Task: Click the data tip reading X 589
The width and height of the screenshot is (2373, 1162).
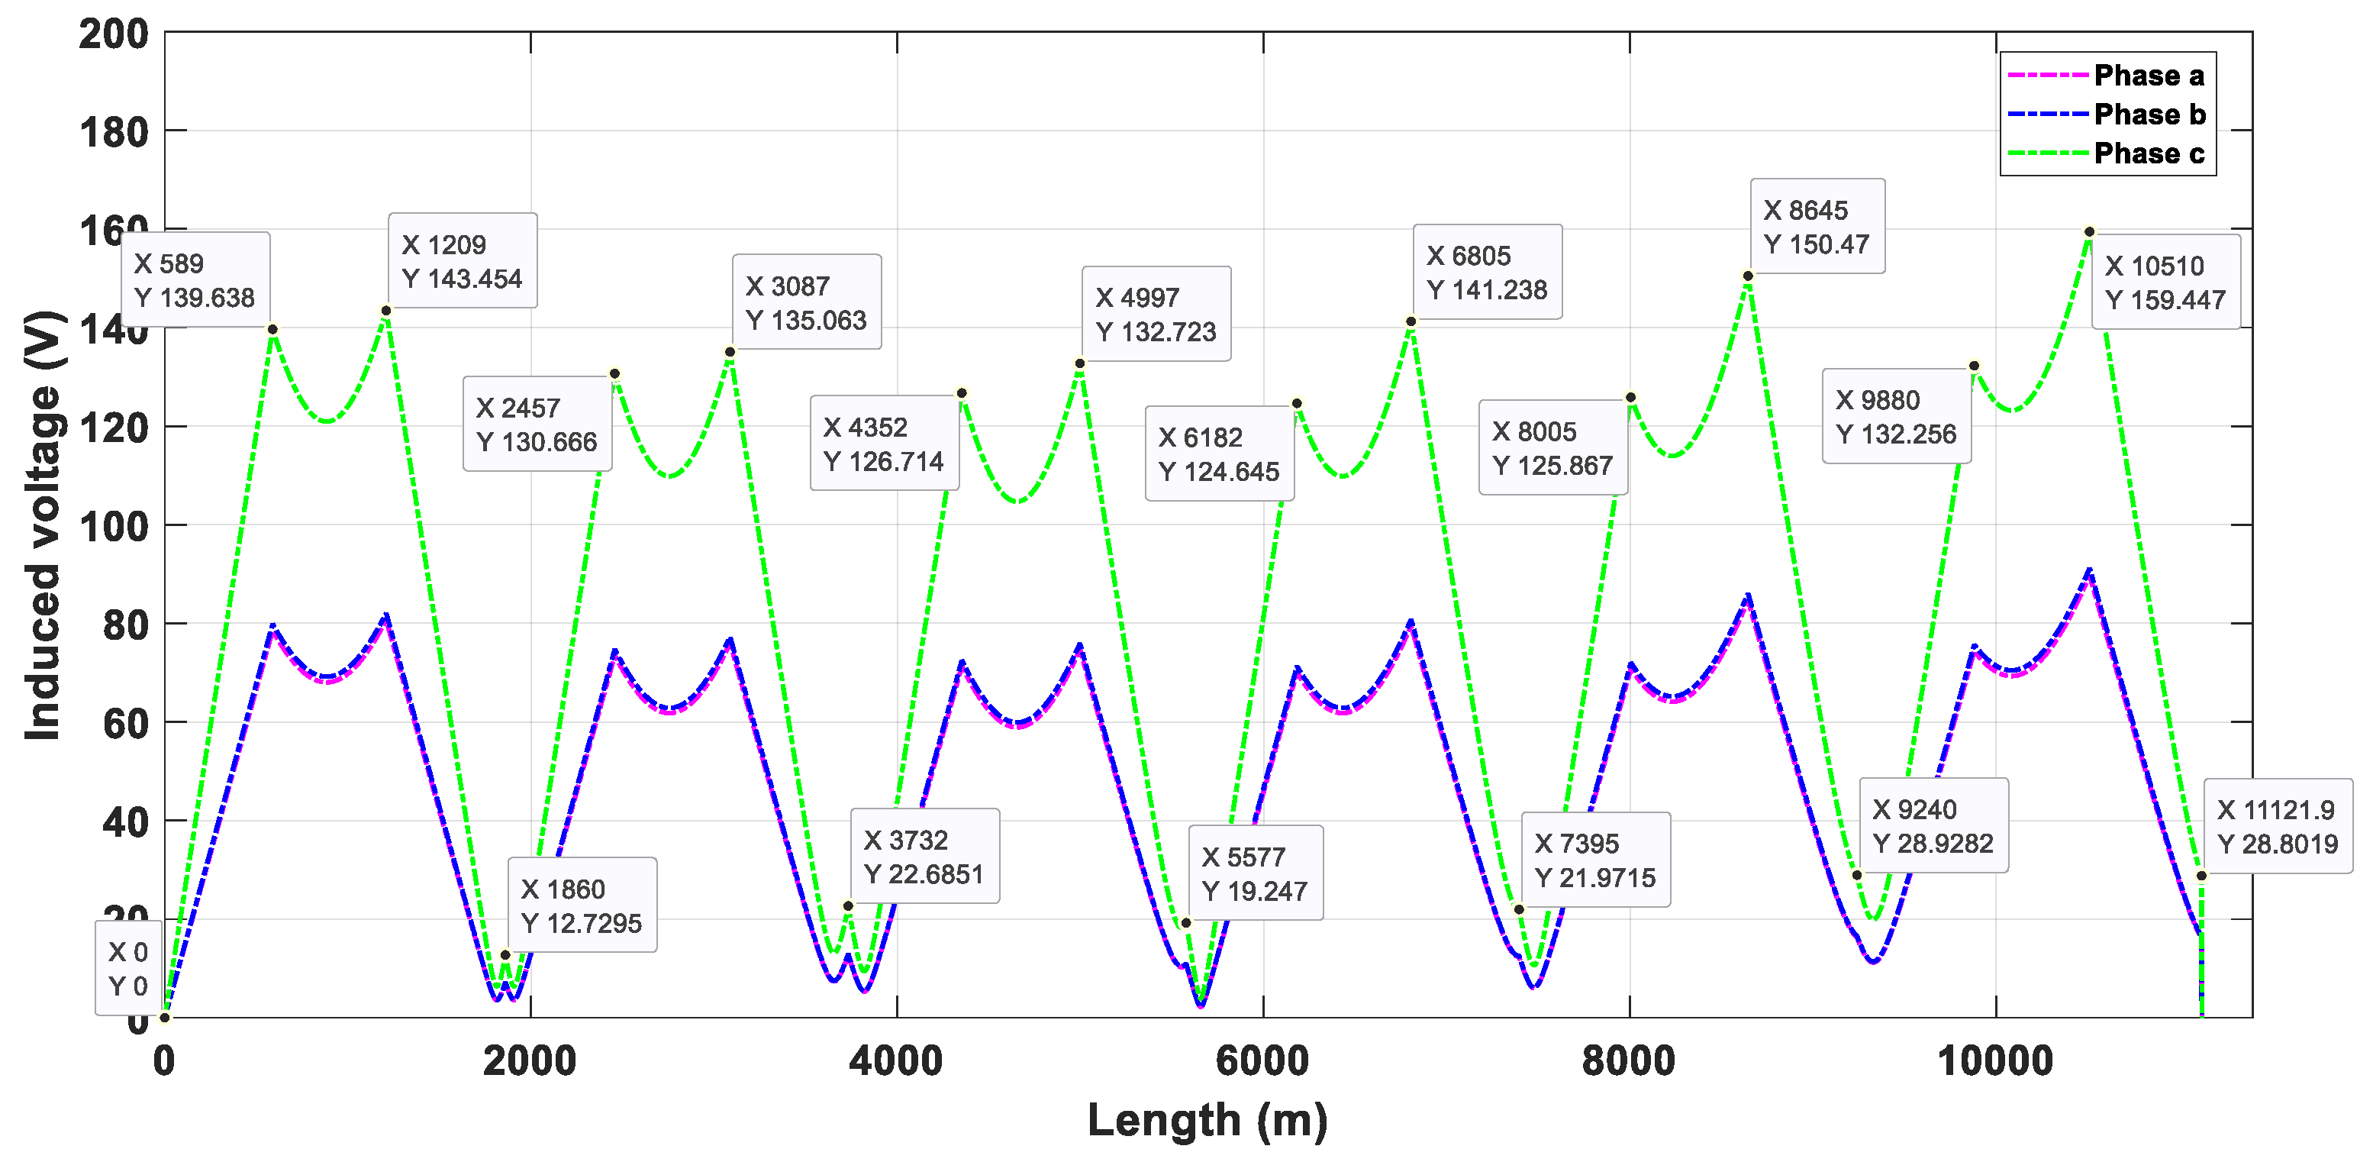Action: click(195, 280)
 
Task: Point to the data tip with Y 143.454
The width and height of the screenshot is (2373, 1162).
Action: click(462, 261)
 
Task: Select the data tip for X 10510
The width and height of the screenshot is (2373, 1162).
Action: click(2165, 282)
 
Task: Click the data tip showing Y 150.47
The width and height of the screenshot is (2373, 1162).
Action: click(1817, 227)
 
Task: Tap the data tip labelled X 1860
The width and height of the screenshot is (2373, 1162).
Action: click(582, 905)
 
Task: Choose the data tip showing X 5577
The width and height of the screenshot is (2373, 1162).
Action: click(1255, 873)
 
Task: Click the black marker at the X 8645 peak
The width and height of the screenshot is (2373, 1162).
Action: click(1748, 276)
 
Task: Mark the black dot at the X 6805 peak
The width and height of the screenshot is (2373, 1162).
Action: click(1411, 321)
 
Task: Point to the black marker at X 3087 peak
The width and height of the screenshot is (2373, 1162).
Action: click(730, 352)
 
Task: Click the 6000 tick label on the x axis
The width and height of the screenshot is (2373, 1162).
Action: click(1262, 1061)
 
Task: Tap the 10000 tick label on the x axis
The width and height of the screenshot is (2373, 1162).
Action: click(1995, 1061)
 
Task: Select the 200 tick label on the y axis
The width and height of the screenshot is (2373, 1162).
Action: click(113, 35)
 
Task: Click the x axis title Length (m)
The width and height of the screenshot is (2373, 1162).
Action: click(1207, 1121)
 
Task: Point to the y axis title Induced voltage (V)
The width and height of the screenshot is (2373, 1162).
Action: click(43, 525)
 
